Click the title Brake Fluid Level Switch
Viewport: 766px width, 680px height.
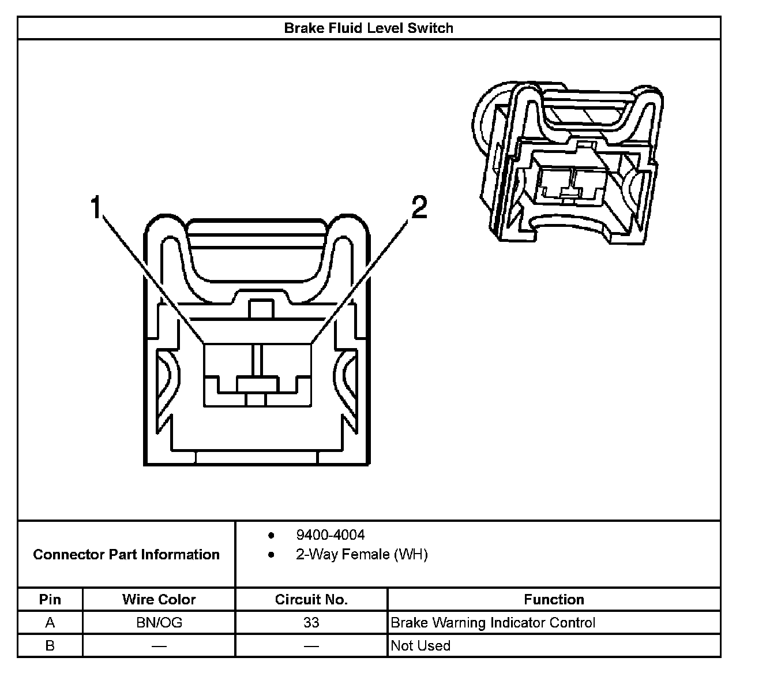[369, 28]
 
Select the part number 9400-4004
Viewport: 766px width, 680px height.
[330, 535]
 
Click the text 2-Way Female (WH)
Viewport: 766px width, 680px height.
[362, 555]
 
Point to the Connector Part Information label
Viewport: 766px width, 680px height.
[126, 555]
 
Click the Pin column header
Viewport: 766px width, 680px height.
[50, 599]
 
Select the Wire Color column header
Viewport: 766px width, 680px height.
[159, 599]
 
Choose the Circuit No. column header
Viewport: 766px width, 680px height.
[311, 599]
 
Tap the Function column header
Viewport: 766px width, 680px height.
[554, 599]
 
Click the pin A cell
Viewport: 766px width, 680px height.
[50, 622]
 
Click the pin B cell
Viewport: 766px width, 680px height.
[50, 645]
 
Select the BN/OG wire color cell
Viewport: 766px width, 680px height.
[159, 622]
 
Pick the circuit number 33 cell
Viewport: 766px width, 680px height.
[311, 622]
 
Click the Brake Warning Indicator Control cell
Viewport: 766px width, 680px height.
[493, 622]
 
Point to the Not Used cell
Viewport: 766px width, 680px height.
[420, 645]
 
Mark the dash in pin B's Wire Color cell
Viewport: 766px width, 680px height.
[159, 646]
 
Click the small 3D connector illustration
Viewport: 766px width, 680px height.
[568, 165]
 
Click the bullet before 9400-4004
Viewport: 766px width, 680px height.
[271, 535]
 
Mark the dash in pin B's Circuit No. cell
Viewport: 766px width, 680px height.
[311, 646]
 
